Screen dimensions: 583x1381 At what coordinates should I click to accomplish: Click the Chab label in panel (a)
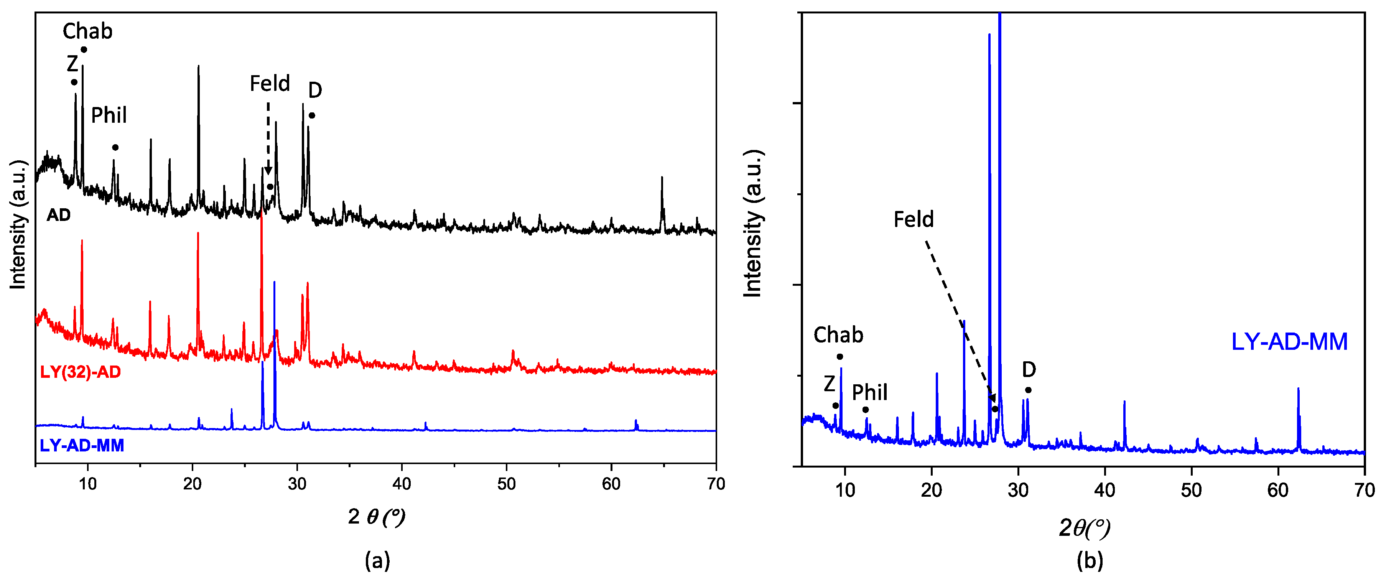click(87, 31)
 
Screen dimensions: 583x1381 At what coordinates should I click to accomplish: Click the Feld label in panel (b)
click(913, 219)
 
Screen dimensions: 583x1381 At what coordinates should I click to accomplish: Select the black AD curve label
click(58, 215)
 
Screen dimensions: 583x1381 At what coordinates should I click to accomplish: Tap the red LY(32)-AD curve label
click(81, 372)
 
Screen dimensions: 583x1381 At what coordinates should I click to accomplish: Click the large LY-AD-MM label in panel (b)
click(1289, 342)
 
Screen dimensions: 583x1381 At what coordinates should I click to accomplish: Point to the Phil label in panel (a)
click(109, 115)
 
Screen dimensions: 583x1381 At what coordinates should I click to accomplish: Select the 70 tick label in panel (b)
click(1365, 490)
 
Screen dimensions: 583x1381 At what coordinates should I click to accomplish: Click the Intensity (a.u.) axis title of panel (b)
click(753, 223)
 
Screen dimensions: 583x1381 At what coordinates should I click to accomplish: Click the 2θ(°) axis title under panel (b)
click(1084, 528)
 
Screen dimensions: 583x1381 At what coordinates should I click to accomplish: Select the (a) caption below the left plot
click(377, 560)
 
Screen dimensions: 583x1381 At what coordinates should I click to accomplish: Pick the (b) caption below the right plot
click(1090, 560)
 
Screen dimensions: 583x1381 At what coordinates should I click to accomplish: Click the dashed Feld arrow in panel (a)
click(268, 137)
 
